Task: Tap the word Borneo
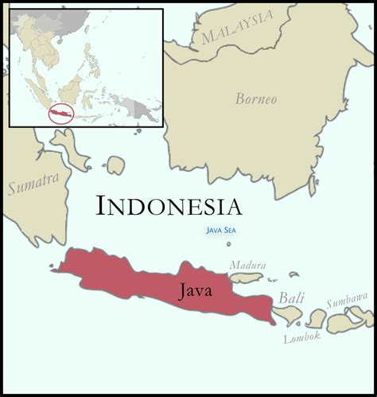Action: tap(256, 99)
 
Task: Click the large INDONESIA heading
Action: tap(169, 206)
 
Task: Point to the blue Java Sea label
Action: tap(220, 231)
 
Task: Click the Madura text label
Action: tap(247, 265)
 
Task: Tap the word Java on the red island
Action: tap(196, 290)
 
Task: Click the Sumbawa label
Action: tap(348, 302)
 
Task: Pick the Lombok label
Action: tap(302, 337)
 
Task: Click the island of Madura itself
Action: tap(247, 278)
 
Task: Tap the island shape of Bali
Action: tap(288, 315)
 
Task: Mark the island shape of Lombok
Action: tap(317, 318)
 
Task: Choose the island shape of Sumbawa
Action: tap(347, 321)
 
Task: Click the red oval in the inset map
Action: tap(60, 114)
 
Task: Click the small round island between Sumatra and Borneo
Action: tap(116, 165)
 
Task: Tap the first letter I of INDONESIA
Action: tap(101, 206)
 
